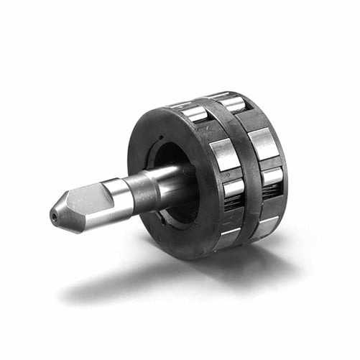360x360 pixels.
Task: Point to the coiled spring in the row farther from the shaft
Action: pyautogui.click(x=271, y=191)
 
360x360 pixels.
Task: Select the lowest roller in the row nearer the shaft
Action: pyautogui.click(x=226, y=238)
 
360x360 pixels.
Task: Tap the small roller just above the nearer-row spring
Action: pyautogui.click(x=232, y=186)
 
